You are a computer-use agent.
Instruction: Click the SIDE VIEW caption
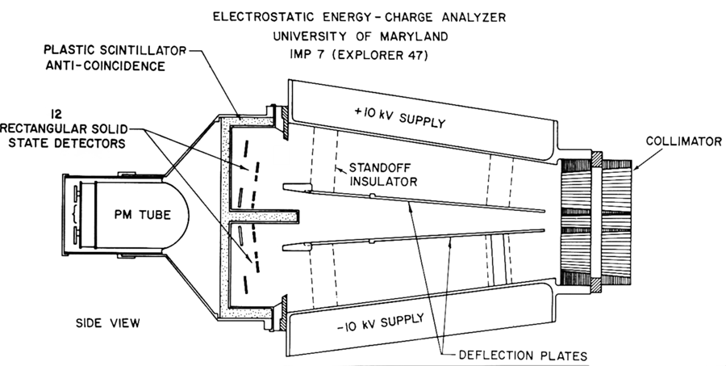pyautogui.click(x=107, y=323)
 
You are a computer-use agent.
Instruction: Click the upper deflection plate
pyautogui.click(x=419, y=200)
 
